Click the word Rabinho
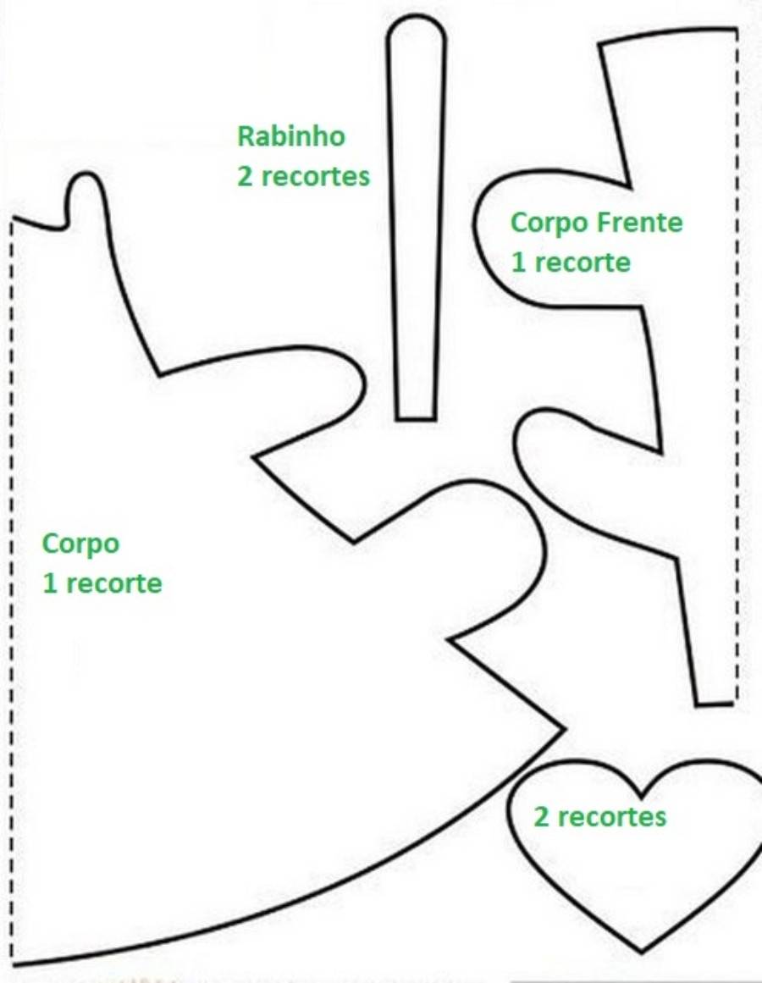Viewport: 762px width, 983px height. tap(290, 136)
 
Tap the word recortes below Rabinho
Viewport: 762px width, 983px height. tap(315, 177)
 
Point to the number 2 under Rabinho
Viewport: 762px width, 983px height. tap(245, 177)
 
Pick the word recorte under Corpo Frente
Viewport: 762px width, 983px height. tap(583, 262)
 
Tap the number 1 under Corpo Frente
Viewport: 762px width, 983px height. tap(519, 262)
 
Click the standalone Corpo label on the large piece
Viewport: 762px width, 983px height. tap(80, 544)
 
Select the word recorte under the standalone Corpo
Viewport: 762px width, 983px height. tap(113, 583)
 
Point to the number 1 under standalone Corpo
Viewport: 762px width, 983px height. tap(50, 583)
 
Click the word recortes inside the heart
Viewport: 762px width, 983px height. tap(611, 817)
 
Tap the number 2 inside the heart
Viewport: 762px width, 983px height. tap(541, 817)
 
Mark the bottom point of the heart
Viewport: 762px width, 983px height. tap(641, 950)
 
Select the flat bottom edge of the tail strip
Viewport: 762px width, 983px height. tap(416, 417)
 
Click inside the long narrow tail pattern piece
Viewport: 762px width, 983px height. tap(416, 219)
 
